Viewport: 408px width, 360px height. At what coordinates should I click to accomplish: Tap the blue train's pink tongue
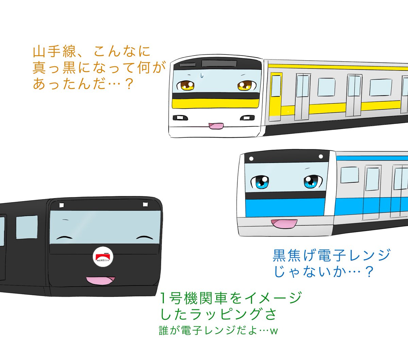click(284, 224)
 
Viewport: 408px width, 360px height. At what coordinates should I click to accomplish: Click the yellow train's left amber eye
click(186, 85)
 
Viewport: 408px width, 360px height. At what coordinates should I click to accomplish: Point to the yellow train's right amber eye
click(245, 85)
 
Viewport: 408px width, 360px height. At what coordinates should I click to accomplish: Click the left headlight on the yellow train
click(180, 118)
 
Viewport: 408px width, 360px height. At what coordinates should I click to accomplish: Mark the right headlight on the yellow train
click(247, 118)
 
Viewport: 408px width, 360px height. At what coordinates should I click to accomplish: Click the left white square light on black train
click(62, 205)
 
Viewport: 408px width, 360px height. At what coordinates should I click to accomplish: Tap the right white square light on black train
click(145, 204)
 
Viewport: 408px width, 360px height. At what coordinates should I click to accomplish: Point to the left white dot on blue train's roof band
click(251, 159)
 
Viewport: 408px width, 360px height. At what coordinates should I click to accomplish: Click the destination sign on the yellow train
click(219, 63)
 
